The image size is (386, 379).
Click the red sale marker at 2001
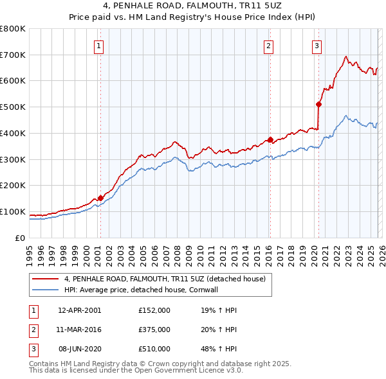click(x=100, y=198)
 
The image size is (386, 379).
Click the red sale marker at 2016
click(x=270, y=139)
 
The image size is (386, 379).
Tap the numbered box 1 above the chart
click(x=100, y=45)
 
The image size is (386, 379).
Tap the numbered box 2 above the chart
click(x=268, y=45)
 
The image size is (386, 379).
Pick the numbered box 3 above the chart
click(x=317, y=45)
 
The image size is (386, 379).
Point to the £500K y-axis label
click(x=13, y=107)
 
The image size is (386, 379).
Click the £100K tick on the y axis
click(x=13, y=211)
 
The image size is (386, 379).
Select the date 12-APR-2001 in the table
click(x=79, y=310)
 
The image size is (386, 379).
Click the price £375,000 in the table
click(x=154, y=330)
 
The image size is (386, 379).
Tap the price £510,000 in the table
click(x=154, y=349)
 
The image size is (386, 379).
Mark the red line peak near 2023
click(x=346, y=56)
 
